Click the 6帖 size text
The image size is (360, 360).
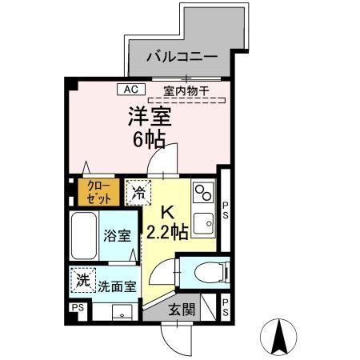(150, 140)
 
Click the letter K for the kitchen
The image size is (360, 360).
(169, 213)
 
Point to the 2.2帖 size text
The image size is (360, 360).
(169, 233)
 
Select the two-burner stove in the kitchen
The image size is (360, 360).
(203, 193)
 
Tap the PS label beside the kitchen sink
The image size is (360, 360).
(226, 210)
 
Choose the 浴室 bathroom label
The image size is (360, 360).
(117, 235)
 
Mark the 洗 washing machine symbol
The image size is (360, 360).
(82, 281)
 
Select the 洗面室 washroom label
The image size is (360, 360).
(117, 285)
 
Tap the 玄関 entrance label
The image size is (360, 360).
(182, 310)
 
